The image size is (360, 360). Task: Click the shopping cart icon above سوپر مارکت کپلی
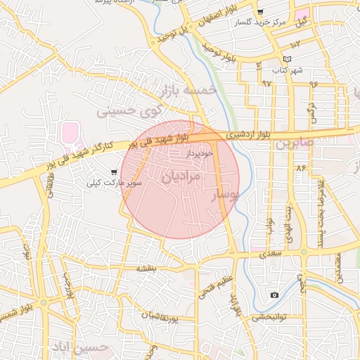pyautogui.click(x=114, y=172)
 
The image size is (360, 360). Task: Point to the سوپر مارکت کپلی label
pyautogui.click(x=114, y=183)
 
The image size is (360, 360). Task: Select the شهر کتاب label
pyautogui.click(x=288, y=71)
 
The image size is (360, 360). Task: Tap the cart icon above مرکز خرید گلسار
pyautogui.click(x=260, y=13)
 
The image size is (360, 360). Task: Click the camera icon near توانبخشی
pyautogui.click(x=274, y=295)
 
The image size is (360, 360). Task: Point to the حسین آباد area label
pyautogui.click(x=79, y=347)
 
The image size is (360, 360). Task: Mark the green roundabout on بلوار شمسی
pyautogui.click(x=44, y=303)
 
